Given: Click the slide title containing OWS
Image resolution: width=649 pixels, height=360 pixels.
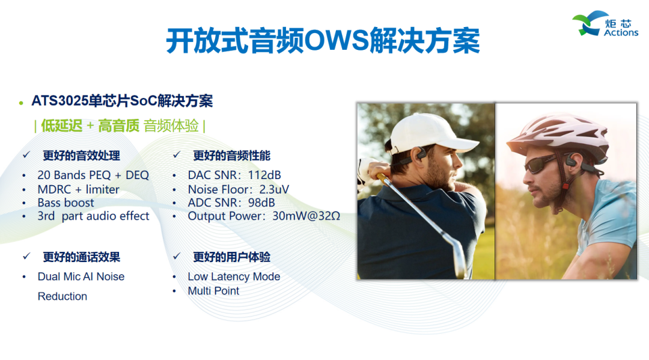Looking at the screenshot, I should [x=323, y=41].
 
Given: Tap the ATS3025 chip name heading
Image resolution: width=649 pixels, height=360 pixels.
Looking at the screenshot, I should [x=122, y=101].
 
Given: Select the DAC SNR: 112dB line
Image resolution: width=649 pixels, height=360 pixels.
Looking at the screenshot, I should [x=234, y=175].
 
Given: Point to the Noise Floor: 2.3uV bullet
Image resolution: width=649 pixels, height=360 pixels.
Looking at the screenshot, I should [x=239, y=189].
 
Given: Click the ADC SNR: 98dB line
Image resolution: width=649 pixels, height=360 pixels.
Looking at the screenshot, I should [x=231, y=203].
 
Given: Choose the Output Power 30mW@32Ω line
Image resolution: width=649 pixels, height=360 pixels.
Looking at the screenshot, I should [x=264, y=216].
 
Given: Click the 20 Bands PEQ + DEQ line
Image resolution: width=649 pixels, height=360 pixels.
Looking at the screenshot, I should [x=93, y=175].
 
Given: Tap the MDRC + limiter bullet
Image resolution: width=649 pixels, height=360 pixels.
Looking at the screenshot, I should [x=78, y=189].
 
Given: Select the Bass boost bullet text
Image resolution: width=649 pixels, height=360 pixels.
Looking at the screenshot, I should [x=66, y=203].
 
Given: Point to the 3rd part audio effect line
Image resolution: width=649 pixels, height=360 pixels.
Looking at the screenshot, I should [x=93, y=216].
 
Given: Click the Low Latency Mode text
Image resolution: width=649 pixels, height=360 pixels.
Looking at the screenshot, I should [x=234, y=277].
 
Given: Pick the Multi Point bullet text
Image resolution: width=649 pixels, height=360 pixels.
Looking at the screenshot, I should [x=213, y=291].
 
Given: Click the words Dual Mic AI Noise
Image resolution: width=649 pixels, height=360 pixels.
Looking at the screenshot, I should [x=81, y=277].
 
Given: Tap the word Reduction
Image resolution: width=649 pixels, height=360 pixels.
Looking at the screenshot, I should [x=62, y=296].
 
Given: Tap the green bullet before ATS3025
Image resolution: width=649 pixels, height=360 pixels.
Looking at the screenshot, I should [x=21, y=102].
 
